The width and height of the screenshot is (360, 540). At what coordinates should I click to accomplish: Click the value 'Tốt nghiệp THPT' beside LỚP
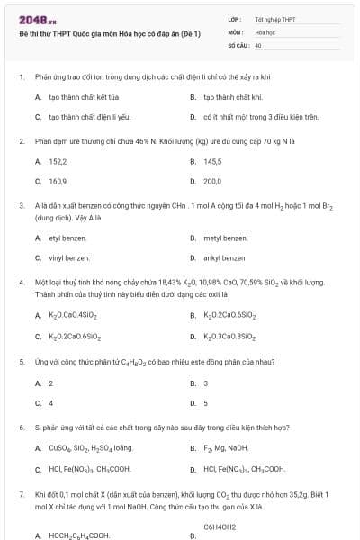click(275, 19)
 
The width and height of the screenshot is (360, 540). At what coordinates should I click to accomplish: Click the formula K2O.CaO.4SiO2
click(73, 316)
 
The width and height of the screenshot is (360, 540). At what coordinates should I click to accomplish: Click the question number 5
click(21, 361)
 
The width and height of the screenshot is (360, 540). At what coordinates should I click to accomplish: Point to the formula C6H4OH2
click(220, 526)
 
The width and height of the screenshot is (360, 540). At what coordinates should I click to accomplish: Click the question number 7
click(21, 494)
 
